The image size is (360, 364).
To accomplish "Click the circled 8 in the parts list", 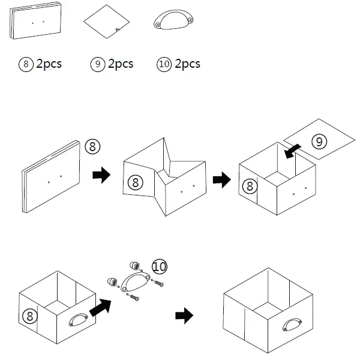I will [x=26, y=64].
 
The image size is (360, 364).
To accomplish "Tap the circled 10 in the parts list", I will [x=163, y=64].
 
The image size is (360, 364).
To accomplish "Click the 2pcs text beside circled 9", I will [x=120, y=64].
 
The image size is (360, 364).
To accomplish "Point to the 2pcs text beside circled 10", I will [x=187, y=64].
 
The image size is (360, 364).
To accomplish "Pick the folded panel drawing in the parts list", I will [x=37, y=22].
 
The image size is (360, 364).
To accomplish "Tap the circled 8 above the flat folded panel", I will [x=92, y=146].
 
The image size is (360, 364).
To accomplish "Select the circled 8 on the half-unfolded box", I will [x=134, y=181].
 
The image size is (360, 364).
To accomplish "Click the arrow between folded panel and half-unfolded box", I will [x=101, y=175].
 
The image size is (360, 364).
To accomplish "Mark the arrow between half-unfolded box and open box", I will [x=222, y=179].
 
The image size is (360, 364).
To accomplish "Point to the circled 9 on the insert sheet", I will [x=320, y=142].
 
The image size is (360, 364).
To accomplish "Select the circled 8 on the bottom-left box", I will [x=28, y=315].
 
